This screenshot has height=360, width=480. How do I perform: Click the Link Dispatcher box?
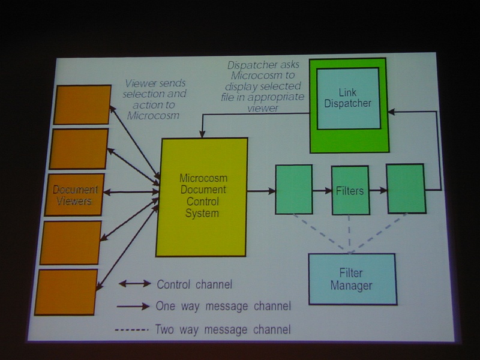[x=349, y=98]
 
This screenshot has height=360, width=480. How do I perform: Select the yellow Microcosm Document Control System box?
[x=202, y=197]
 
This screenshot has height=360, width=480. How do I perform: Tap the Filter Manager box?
[x=352, y=279]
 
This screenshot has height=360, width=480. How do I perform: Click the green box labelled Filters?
[x=350, y=190]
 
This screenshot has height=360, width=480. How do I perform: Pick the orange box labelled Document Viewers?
[x=74, y=194]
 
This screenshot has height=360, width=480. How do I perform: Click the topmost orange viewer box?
[x=82, y=104]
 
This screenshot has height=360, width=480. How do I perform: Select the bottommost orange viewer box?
[x=66, y=292]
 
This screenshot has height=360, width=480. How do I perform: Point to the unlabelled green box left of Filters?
[x=294, y=190]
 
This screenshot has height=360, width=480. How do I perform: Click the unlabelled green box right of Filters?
[x=406, y=188]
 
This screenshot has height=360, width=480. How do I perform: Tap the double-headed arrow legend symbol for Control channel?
[x=134, y=284]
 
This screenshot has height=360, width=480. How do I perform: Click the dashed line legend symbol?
[x=131, y=329]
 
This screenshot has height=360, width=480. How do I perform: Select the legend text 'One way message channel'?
[x=223, y=306]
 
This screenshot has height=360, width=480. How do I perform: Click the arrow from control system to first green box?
[x=261, y=191]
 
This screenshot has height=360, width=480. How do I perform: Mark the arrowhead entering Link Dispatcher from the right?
[x=391, y=112]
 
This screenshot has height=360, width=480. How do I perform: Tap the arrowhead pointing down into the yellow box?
[x=202, y=134]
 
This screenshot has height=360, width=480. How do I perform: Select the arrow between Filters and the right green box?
[x=378, y=190]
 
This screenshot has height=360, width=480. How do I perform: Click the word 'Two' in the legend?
[x=165, y=329]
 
